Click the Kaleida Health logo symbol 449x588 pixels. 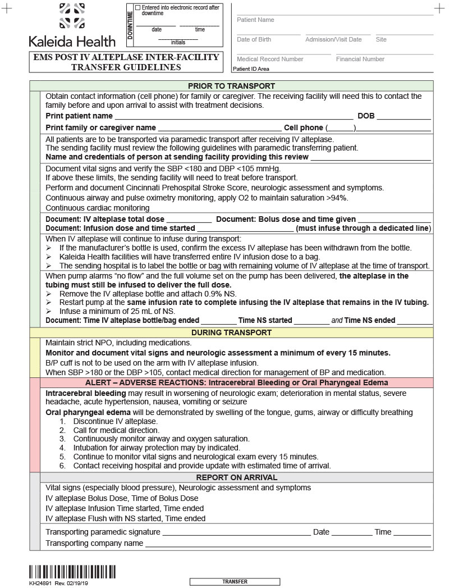click(x=72, y=16)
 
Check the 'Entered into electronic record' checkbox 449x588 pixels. click(x=139, y=7)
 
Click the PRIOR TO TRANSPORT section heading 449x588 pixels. click(x=231, y=86)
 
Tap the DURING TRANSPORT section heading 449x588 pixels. click(x=231, y=332)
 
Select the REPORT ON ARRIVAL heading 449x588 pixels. click(x=231, y=477)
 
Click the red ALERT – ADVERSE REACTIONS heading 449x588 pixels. click(x=231, y=382)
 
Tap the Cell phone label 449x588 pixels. click(x=303, y=127)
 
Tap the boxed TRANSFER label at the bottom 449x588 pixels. click(x=235, y=582)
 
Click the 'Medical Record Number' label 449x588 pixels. click(x=270, y=59)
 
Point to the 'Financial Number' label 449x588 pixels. click(x=360, y=59)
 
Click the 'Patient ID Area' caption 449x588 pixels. click(x=251, y=69)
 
